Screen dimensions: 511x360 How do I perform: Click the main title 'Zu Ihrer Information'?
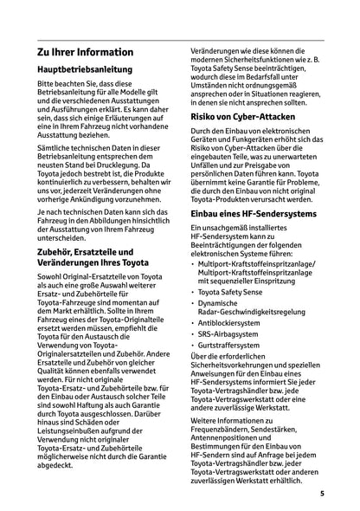[85, 52]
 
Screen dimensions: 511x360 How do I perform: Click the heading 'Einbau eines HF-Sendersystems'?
[258, 212]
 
